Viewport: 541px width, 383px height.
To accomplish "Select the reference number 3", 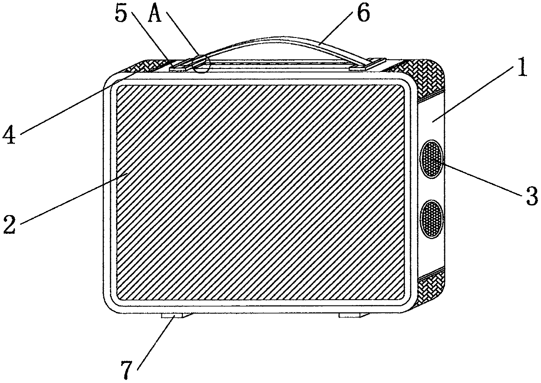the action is (x=531, y=195).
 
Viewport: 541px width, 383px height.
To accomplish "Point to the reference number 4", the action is (x=10, y=133).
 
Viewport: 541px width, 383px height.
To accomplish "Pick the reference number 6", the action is (x=363, y=14).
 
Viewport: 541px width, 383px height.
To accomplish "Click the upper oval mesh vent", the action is (x=431, y=159).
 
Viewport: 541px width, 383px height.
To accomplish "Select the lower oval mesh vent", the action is (x=431, y=219).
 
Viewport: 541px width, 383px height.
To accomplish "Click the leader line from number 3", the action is (x=480, y=179).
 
